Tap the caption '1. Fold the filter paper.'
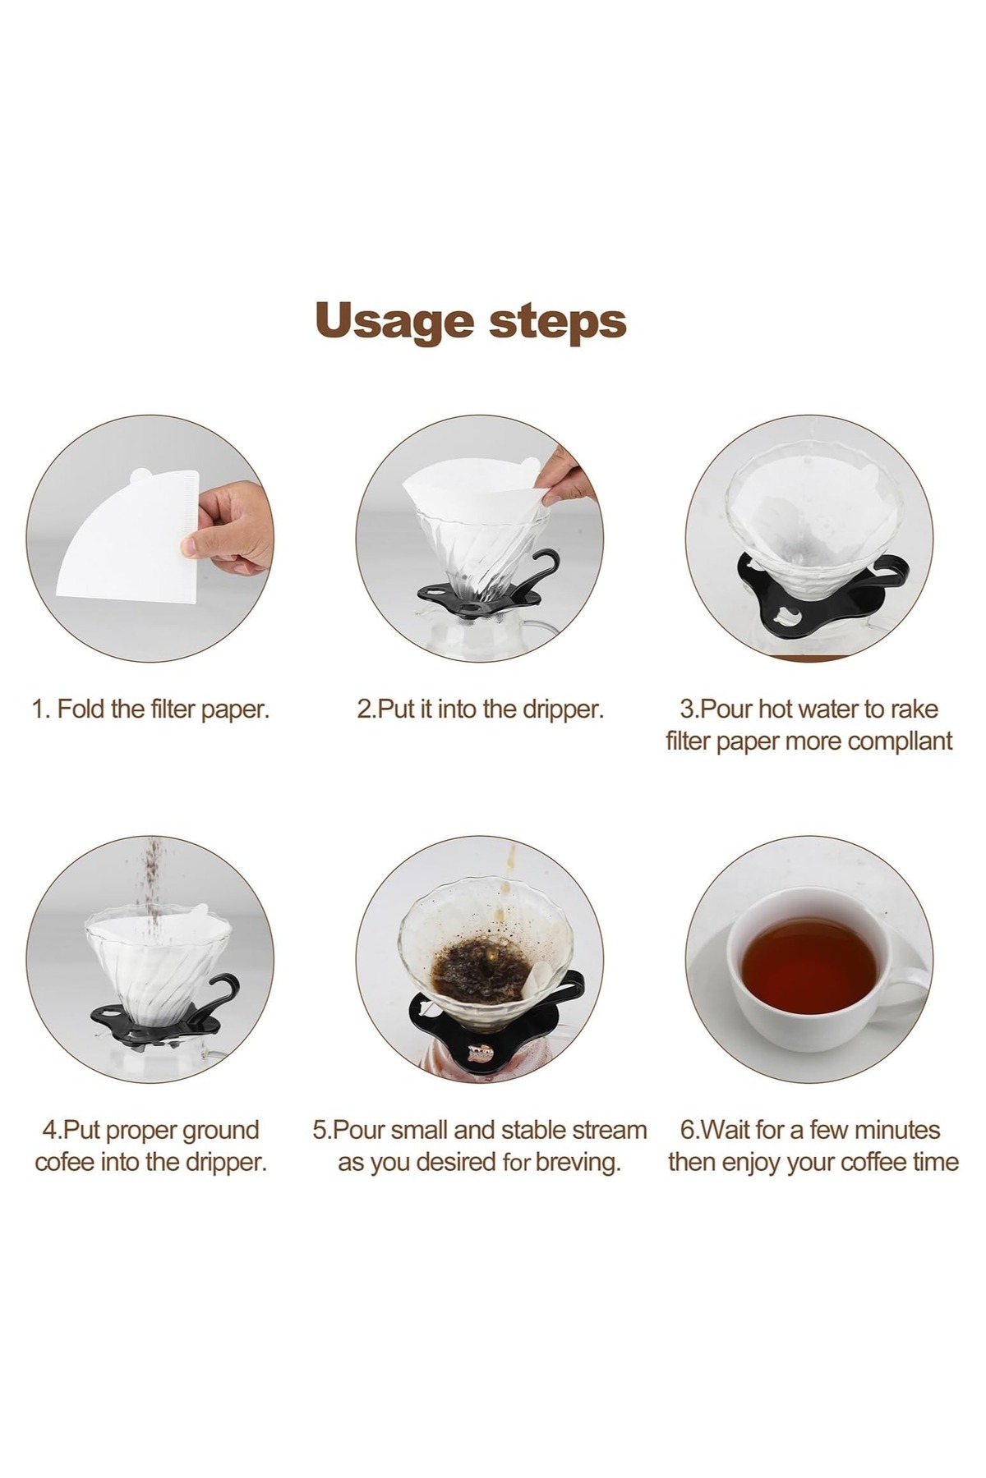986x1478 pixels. point(150,709)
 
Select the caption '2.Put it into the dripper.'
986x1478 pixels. point(480,709)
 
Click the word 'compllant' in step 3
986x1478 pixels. point(899,741)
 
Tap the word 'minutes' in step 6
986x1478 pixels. point(892,1130)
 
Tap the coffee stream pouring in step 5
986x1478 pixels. point(508,891)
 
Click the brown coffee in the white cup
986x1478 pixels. point(809,966)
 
